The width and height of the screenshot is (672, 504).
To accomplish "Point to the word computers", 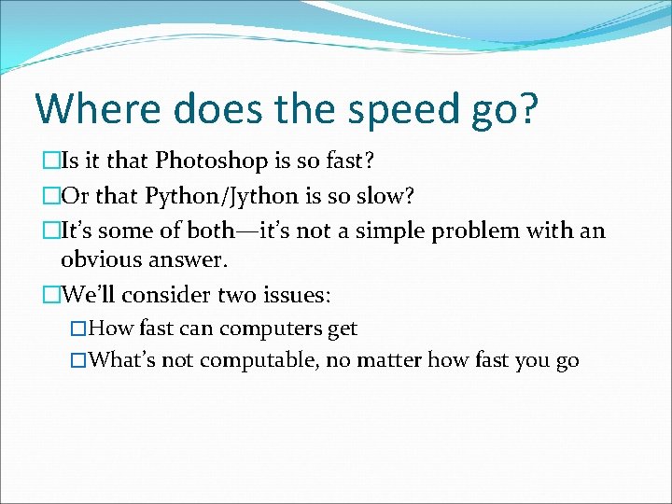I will pyautogui.click(x=269, y=329).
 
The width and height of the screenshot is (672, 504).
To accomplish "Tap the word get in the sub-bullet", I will pyautogui.click(x=342, y=329).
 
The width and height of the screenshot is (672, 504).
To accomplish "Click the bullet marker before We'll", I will pyautogui.click(x=51, y=295).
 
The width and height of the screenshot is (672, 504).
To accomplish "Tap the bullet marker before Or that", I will pyautogui.click(x=51, y=195).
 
